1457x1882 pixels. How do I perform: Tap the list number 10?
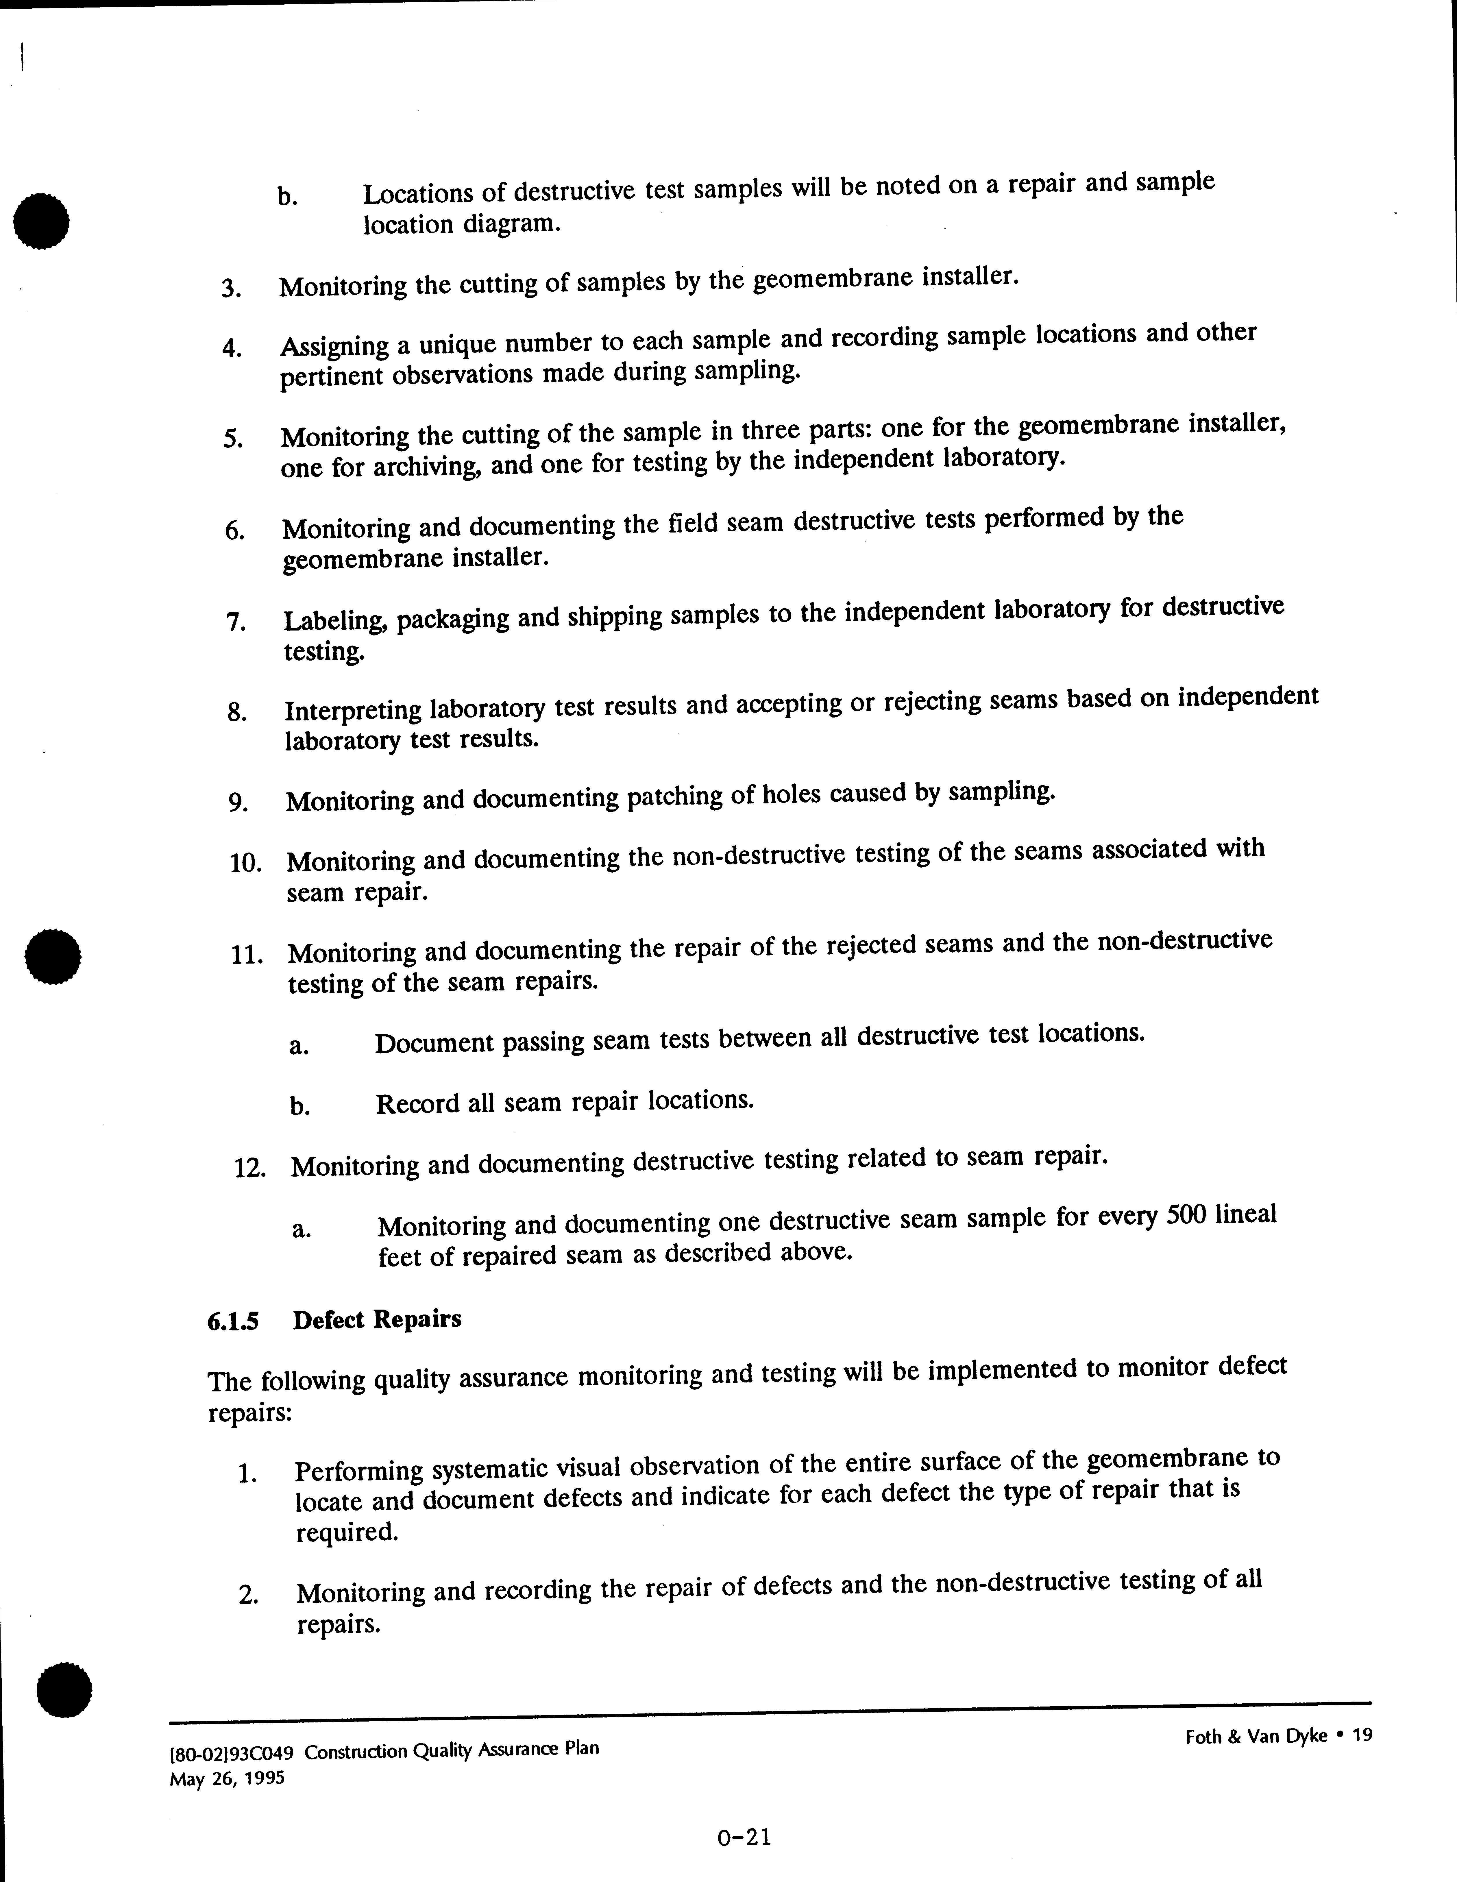[x=245, y=864]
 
